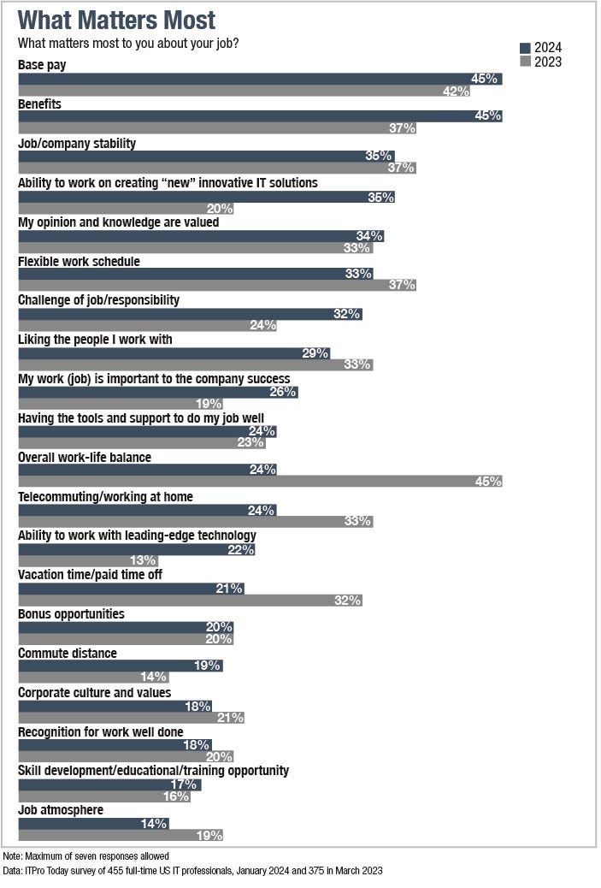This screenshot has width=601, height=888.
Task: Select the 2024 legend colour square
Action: coord(525,48)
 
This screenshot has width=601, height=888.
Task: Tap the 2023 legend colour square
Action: coord(525,62)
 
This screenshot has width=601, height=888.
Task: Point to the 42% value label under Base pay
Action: coord(457,91)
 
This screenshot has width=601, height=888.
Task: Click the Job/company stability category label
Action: coord(77,144)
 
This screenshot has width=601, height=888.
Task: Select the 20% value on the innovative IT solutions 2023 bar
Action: coord(219,208)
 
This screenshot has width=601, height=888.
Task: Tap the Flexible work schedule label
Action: coord(79,261)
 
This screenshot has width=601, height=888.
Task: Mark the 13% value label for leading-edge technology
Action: coord(143,560)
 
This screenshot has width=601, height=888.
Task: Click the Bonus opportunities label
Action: coord(71,614)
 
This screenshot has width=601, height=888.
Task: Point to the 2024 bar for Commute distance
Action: coord(120,665)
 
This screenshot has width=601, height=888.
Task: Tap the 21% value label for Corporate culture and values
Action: coord(231,717)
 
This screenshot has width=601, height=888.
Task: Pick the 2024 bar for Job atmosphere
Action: coord(93,823)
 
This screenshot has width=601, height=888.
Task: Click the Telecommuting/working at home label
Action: coord(105,497)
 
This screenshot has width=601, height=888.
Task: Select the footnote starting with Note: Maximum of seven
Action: coord(85,855)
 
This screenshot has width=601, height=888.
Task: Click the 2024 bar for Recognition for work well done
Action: coord(115,743)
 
